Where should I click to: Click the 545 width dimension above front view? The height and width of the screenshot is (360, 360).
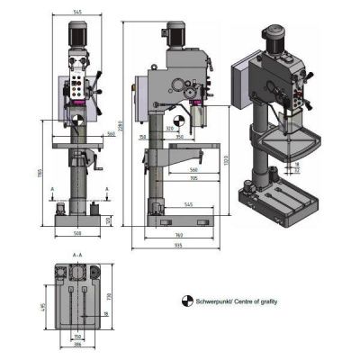point(78,13)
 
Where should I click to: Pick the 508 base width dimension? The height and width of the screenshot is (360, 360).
point(79,232)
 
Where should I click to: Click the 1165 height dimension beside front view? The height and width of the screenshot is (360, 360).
point(40,173)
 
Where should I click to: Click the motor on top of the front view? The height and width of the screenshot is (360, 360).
point(79,35)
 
